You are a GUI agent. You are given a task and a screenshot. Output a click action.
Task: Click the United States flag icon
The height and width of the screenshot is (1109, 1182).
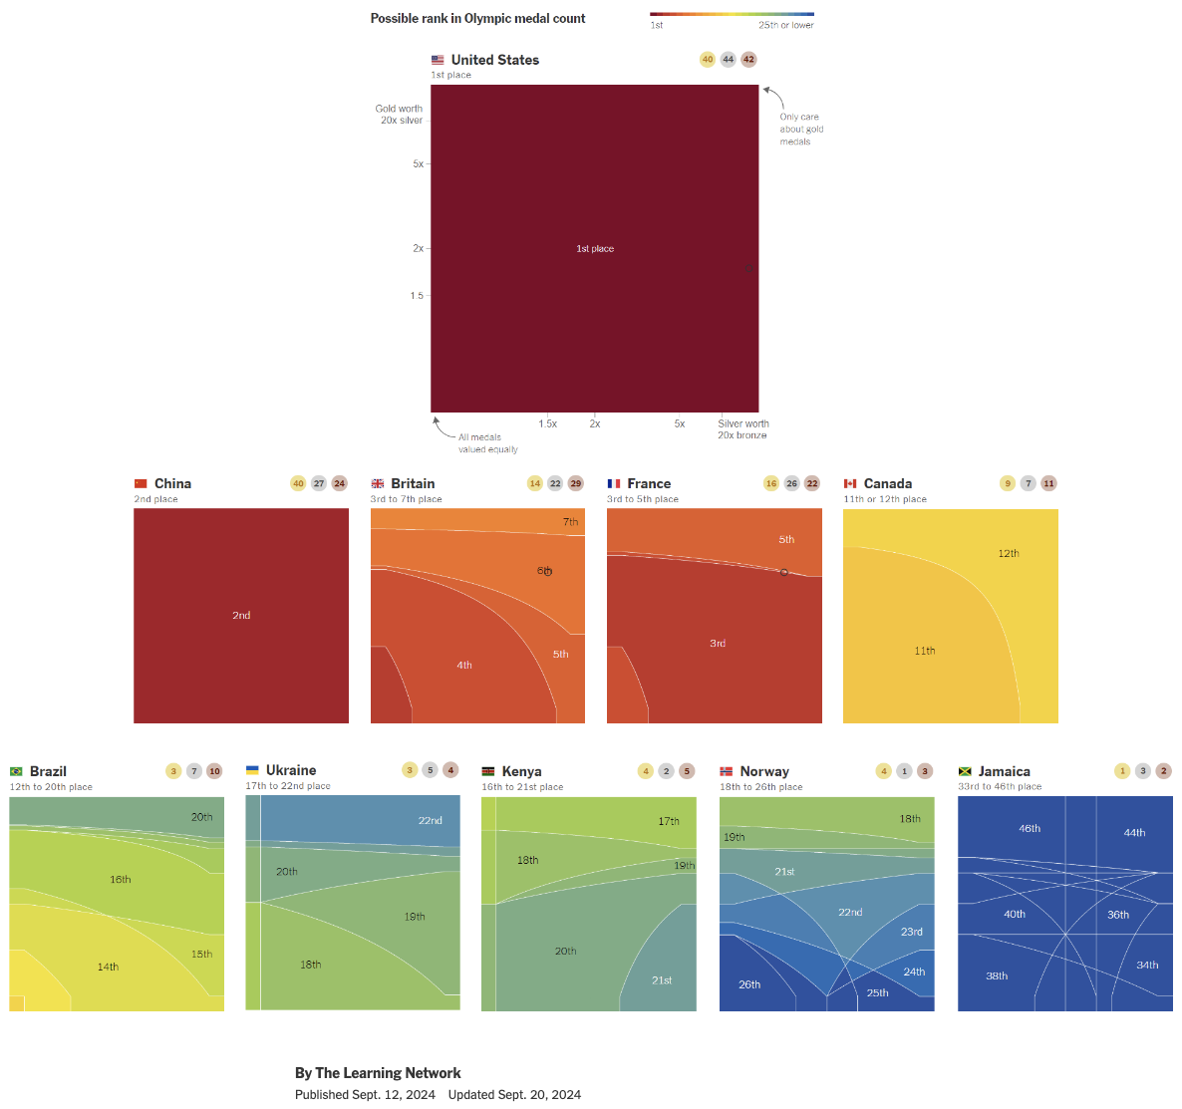438,60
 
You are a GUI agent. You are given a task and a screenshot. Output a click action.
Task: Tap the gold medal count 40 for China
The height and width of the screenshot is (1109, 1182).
298,483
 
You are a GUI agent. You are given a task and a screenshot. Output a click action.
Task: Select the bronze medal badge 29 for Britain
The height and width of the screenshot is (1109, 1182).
576,483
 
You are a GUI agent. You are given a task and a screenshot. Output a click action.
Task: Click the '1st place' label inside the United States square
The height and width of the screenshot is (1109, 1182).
595,249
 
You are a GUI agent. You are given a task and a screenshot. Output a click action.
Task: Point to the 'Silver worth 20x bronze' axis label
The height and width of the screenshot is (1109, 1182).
742,429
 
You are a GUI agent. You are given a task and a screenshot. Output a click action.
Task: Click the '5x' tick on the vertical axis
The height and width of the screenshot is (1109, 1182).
419,163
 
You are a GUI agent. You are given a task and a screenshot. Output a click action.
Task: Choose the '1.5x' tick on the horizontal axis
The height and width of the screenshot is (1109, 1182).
547,423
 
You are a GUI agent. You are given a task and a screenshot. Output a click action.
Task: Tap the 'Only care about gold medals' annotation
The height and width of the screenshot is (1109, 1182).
801,130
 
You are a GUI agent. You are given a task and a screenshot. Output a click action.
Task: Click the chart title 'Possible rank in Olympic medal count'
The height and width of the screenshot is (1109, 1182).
477,18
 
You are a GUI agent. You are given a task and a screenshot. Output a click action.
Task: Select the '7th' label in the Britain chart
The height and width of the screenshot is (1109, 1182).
570,522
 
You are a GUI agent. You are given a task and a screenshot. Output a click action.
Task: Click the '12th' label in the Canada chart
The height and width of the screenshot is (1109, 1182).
1009,554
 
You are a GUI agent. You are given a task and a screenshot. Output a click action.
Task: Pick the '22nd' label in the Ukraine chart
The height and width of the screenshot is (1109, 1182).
431,821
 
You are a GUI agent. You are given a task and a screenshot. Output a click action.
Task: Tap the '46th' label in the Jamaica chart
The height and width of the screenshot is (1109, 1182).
1030,829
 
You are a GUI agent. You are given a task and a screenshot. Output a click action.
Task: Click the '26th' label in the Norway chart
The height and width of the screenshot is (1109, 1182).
749,984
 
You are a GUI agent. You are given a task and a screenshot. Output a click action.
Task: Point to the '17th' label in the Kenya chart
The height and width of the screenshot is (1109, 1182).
669,822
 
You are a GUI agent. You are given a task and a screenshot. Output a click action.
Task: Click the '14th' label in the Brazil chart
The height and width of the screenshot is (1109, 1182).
108,968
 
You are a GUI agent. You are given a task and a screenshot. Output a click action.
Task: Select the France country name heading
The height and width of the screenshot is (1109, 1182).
649,483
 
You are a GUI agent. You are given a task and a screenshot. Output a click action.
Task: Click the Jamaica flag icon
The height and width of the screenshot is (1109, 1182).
965,771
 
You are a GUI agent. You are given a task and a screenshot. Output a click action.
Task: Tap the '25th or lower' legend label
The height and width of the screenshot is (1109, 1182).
785,25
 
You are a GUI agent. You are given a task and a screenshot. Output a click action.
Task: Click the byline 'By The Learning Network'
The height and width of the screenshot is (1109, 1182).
378,1073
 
